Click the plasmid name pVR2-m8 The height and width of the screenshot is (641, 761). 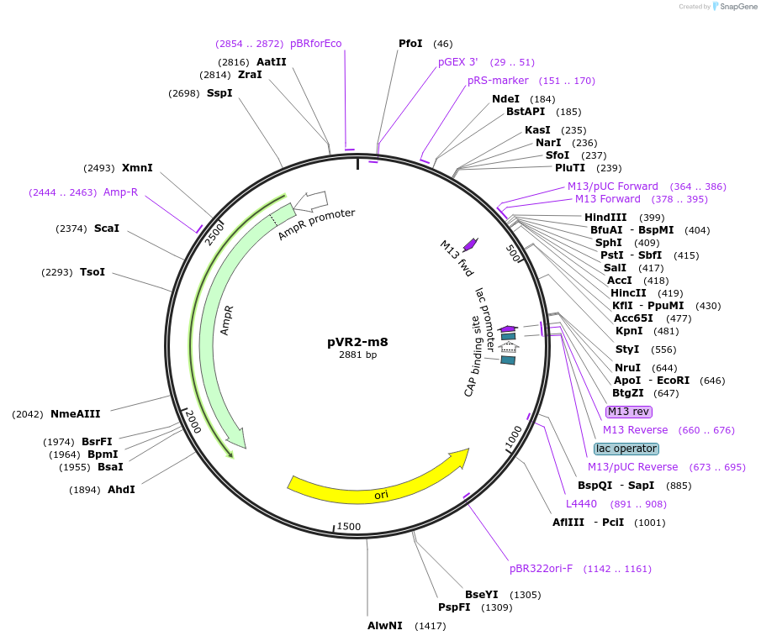357,342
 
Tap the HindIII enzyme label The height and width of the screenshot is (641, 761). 605,218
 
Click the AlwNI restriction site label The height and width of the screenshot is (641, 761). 385,626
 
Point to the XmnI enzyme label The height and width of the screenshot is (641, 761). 137,168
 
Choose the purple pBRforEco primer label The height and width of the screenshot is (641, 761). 315,44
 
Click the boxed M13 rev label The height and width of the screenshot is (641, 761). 628,412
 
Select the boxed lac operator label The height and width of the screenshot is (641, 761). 626,449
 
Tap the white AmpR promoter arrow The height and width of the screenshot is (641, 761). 309,201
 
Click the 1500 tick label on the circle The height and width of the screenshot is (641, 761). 348,527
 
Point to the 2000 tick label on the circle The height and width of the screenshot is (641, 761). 193,421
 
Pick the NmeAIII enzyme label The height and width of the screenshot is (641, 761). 75,413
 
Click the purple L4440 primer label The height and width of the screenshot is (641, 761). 581,504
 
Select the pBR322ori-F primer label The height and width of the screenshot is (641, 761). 541,569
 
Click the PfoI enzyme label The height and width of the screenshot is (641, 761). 410,44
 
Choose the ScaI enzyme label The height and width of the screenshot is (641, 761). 107,229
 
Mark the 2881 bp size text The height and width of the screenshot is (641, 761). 357,355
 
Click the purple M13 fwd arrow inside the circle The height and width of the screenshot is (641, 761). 470,244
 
